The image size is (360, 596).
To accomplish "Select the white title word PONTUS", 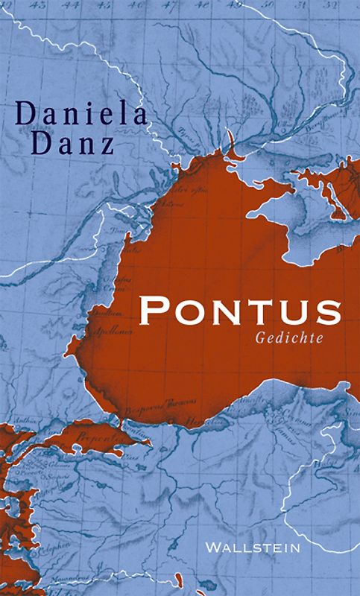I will [x=240, y=310].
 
